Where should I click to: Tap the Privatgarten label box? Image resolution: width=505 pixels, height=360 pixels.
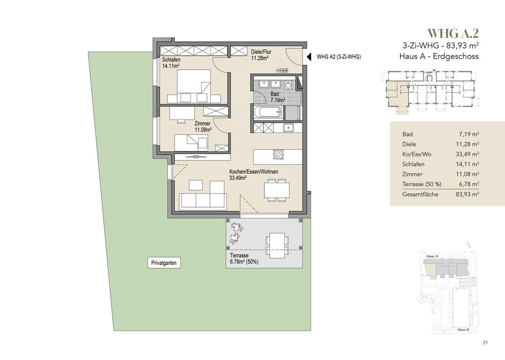click(x=164, y=263)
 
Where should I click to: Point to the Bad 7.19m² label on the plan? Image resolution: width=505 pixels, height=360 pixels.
click(x=278, y=97)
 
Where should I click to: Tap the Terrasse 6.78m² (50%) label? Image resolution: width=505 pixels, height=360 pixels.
click(x=244, y=259)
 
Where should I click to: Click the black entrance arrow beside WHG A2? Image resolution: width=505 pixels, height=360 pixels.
click(x=309, y=57)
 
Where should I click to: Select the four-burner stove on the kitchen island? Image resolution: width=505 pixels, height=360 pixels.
click(x=278, y=155)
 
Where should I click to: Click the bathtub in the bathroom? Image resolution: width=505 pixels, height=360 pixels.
click(x=268, y=112)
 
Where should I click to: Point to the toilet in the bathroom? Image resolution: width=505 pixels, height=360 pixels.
click(x=288, y=85)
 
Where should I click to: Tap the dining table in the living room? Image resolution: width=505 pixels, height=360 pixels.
click(x=277, y=190)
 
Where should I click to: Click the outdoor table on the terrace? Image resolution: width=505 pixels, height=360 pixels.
click(x=277, y=245)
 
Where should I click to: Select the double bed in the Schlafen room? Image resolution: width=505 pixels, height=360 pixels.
click(x=194, y=86)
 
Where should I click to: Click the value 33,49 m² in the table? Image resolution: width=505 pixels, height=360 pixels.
click(x=468, y=154)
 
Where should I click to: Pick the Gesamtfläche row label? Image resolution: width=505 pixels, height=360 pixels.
click(x=420, y=195)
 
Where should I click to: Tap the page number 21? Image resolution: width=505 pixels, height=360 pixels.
click(x=485, y=343)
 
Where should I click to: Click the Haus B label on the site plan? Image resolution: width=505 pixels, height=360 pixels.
click(x=463, y=330)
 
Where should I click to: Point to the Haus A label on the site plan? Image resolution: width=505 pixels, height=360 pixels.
click(x=432, y=256)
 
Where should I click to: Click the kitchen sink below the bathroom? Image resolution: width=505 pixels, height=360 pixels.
click(x=288, y=128)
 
